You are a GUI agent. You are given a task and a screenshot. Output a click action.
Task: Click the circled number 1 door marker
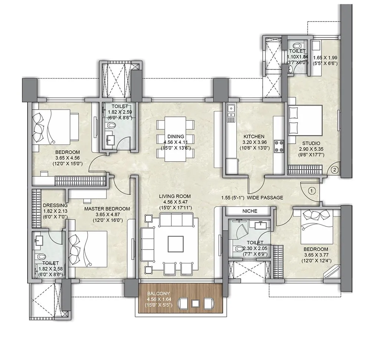pos(312,191)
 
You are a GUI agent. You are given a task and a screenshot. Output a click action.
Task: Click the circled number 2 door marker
pos(334,170)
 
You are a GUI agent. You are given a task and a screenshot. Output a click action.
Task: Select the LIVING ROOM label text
pos(175,196)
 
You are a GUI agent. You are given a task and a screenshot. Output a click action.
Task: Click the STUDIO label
pos(311,143)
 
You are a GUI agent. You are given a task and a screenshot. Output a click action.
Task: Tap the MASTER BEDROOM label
pos(107,209)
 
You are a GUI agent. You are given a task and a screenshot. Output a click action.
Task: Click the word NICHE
pos(250,211)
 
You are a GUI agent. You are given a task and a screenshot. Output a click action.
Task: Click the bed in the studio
pos(305,120)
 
